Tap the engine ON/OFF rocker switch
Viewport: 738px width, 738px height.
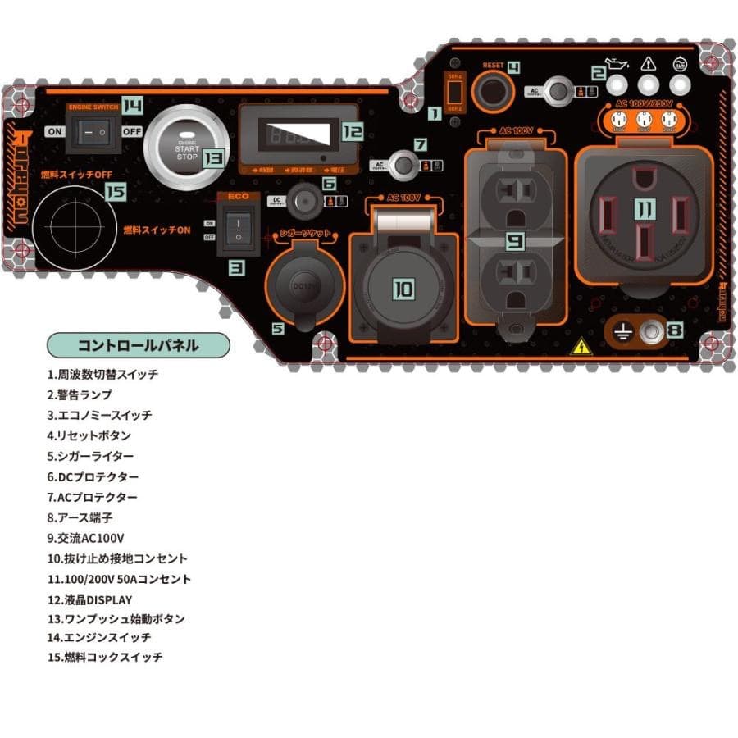92,131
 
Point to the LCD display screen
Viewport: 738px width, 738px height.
298,132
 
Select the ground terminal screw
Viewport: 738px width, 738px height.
652,331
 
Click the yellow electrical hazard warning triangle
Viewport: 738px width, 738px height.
581,346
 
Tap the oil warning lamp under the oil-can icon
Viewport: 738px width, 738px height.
619,84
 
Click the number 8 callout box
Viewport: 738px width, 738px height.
674,330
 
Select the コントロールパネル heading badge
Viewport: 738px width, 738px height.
138,344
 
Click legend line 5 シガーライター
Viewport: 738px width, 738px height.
90,456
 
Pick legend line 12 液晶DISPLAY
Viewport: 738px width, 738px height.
89,599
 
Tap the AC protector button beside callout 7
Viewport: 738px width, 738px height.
403,165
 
